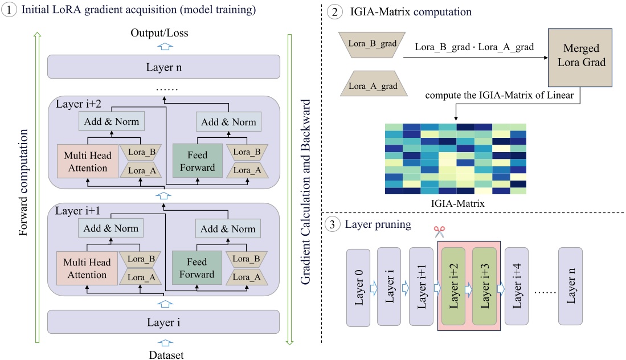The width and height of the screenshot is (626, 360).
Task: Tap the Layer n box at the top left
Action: pyautogui.click(x=164, y=66)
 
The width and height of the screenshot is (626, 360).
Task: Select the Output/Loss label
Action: pyautogui.click(x=164, y=33)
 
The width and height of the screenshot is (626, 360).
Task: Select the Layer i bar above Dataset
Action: pyautogui.click(x=164, y=321)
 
